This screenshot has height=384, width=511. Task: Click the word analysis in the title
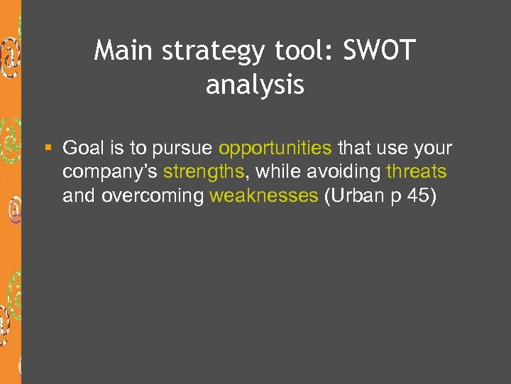tap(255, 85)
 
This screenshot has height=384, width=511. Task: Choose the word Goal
tap(82, 148)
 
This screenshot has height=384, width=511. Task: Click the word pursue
tap(182, 149)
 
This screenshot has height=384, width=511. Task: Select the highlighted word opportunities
tap(275, 149)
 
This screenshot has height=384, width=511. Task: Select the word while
tap(277, 172)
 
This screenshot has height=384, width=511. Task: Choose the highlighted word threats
tap(417, 172)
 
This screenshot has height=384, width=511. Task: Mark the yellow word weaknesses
tap(264, 196)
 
